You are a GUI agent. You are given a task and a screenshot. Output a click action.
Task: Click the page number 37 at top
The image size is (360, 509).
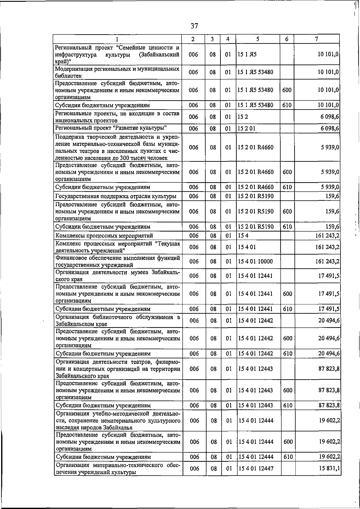click(x=194, y=26)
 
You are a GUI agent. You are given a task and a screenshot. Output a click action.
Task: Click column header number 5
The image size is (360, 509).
click(x=258, y=39)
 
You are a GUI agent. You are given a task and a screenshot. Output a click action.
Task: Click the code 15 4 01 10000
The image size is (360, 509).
click(x=256, y=261)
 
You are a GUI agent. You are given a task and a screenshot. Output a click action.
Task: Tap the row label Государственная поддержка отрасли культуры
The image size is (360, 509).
click(x=115, y=197)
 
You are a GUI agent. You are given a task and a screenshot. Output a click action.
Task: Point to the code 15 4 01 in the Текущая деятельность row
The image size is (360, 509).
click(x=247, y=247)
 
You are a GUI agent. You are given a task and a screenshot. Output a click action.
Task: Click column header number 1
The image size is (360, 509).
click(x=117, y=39)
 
